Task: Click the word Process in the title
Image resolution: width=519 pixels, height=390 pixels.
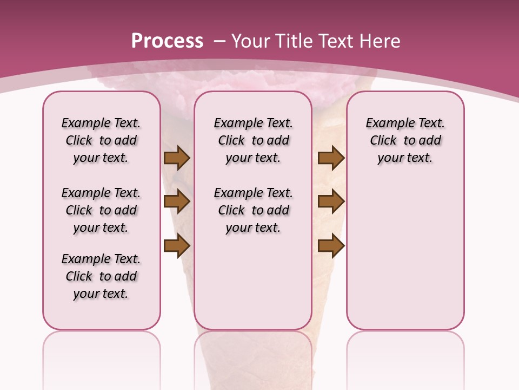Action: coord(167,41)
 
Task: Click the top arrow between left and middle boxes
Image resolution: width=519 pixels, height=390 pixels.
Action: coord(177,158)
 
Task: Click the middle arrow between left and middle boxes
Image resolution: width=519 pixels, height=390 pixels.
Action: coord(177,201)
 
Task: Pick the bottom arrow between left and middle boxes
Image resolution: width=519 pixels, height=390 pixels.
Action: coord(177,246)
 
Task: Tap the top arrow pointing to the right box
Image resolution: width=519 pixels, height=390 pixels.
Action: coord(331,158)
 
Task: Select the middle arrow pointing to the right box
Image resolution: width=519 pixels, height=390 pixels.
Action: coord(331,201)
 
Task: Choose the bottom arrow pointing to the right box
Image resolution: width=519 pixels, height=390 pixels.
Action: coord(331,246)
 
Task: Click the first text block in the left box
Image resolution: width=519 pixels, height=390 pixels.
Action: coord(101,140)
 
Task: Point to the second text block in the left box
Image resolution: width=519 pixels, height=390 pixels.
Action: coord(101,210)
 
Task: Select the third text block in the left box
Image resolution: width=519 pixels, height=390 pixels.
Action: coord(101,276)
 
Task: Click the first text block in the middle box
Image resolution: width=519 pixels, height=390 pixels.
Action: coord(253,140)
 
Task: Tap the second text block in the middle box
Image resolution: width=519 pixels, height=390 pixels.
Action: coord(253,210)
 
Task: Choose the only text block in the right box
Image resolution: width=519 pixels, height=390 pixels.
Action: coord(405,140)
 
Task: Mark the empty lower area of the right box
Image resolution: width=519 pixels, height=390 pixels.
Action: coord(405,255)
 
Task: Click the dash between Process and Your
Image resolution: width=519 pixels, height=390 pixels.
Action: coord(219,41)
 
